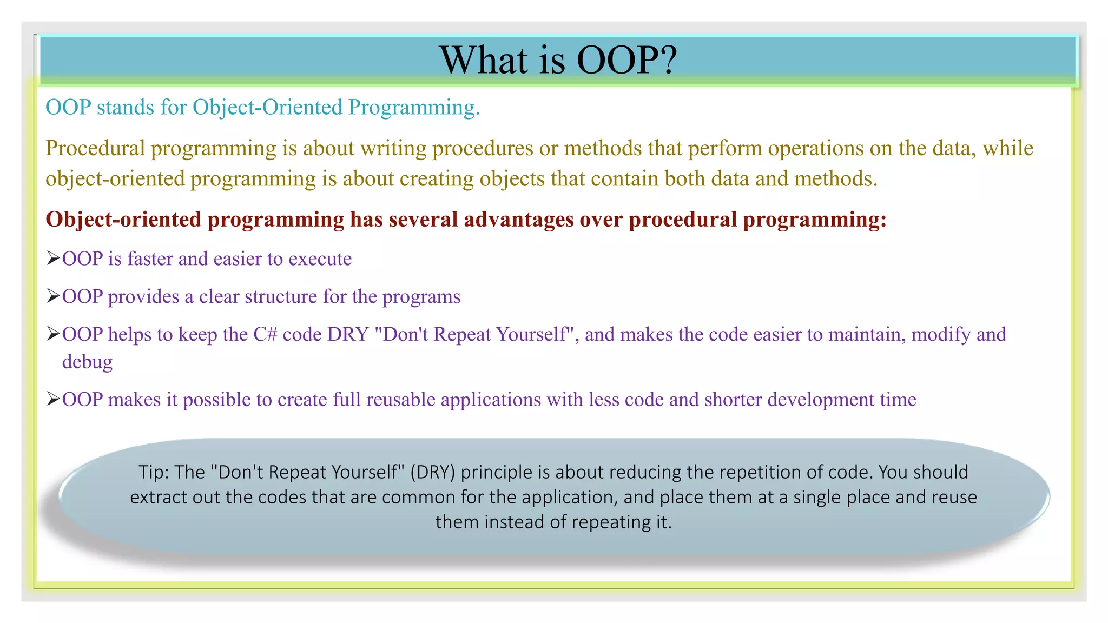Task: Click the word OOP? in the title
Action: click(626, 59)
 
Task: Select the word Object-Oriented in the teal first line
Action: click(267, 107)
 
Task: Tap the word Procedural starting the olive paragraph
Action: click(95, 148)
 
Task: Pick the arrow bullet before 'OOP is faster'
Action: click(53, 259)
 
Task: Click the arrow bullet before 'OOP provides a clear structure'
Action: click(53, 296)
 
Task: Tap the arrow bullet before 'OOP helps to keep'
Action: click(53, 334)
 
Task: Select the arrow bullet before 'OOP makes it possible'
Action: click(53, 399)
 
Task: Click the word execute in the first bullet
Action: click(320, 259)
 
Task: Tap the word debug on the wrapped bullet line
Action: click(87, 362)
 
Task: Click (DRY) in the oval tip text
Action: click(433, 473)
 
